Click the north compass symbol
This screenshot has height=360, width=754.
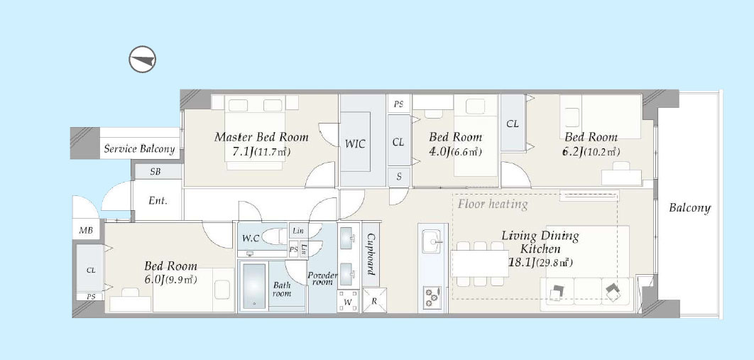tap(142, 60)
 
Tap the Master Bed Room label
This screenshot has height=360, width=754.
tap(261, 137)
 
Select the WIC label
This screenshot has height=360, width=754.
tap(355, 143)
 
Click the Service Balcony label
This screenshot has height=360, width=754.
tap(139, 148)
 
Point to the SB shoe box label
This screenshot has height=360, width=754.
tap(155, 171)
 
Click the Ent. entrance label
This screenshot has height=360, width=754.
tap(158, 201)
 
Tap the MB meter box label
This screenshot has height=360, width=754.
tap(86, 230)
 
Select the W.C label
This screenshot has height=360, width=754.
tap(251, 237)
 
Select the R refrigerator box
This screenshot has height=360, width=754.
tap(374, 301)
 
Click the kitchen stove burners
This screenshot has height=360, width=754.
tap(432, 297)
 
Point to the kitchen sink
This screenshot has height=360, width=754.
tap(432, 241)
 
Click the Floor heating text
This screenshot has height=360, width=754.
tap(493, 204)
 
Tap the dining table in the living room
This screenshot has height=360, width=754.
tap(479, 263)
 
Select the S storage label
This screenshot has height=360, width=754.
tap(399, 177)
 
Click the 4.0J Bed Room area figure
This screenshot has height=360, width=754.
tap(439, 152)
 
